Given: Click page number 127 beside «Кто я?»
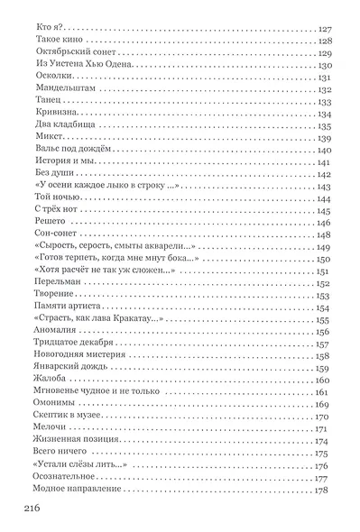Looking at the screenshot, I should [x=326, y=29].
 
